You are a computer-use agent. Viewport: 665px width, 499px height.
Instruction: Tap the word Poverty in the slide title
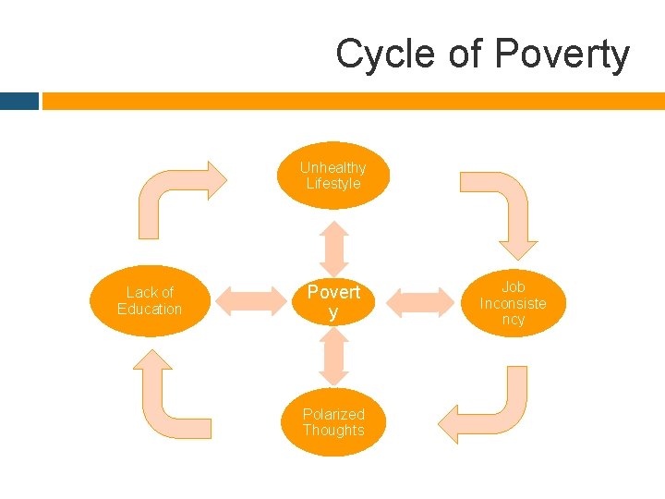(562, 55)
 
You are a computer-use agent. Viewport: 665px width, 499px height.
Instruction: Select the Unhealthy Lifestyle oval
(333, 176)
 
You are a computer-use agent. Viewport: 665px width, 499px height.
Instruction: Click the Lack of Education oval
(150, 300)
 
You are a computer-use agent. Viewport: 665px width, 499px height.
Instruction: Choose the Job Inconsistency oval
(514, 303)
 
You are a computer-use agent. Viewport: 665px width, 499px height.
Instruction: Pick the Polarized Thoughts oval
(333, 422)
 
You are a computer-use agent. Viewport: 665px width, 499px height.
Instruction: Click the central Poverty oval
(333, 301)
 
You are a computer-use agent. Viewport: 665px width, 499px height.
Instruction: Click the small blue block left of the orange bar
(19, 101)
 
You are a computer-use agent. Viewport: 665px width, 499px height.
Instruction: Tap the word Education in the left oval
(150, 309)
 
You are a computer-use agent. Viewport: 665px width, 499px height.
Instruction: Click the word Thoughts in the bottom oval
(333, 431)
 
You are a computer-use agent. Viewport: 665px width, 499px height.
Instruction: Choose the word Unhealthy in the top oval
(332, 167)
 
